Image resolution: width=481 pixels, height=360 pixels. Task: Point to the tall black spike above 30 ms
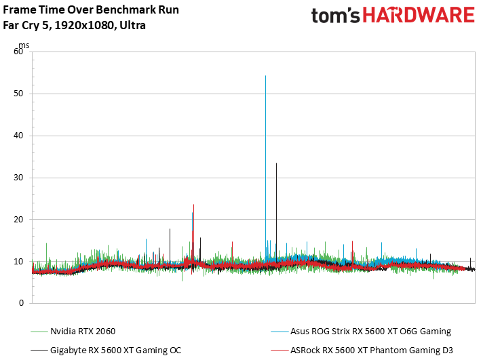click(276, 212)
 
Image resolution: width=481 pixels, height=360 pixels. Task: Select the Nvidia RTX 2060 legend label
click(83, 332)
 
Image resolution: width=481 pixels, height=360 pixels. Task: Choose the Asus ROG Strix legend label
click(370, 332)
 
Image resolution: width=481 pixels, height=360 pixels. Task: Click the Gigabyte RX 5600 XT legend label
click(115, 351)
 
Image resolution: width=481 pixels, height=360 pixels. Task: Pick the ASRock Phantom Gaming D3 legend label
click(372, 351)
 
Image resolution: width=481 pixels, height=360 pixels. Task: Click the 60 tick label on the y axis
click(18, 52)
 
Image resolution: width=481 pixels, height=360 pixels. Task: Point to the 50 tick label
click(18, 94)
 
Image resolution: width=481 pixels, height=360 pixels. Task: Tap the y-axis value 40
click(18, 136)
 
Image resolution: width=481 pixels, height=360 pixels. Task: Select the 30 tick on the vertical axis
click(18, 178)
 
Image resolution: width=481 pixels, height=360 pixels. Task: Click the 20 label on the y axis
click(18, 219)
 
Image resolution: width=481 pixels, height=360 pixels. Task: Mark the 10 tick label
click(18, 261)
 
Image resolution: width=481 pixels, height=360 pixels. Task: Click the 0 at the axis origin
click(21, 303)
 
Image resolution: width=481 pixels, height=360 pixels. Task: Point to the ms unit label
click(24, 45)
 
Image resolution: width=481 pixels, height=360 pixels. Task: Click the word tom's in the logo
click(335, 16)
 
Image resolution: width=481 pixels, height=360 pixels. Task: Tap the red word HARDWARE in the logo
click(419, 15)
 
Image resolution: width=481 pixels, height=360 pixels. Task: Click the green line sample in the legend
click(39, 332)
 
